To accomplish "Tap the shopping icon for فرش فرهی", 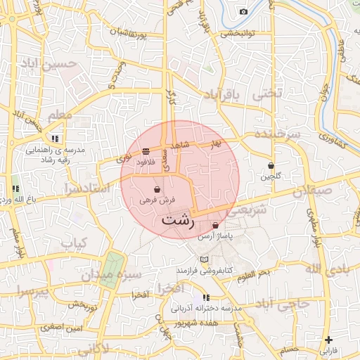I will pyautogui.click(x=156, y=190).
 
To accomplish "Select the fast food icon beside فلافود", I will pyautogui.click(x=146, y=151).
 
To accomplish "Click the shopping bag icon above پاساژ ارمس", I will pyautogui.click(x=214, y=225).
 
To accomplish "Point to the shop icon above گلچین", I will pyautogui.click(x=271, y=165).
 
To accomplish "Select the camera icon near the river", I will pyautogui.click(x=243, y=11).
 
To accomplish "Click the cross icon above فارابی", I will pyautogui.click(x=328, y=340).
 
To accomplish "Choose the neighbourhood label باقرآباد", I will pyautogui.click(x=222, y=94).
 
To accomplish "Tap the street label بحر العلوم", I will pyautogui.click(x=255, y=272).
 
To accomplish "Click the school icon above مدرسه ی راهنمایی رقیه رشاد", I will pyautogui.click(x=55, y=139).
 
